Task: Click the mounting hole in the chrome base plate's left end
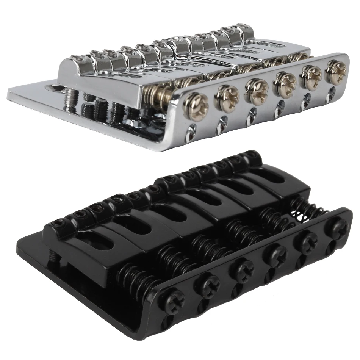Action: [x=52, y=88]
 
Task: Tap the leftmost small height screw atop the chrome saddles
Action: [x=79, y=58]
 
